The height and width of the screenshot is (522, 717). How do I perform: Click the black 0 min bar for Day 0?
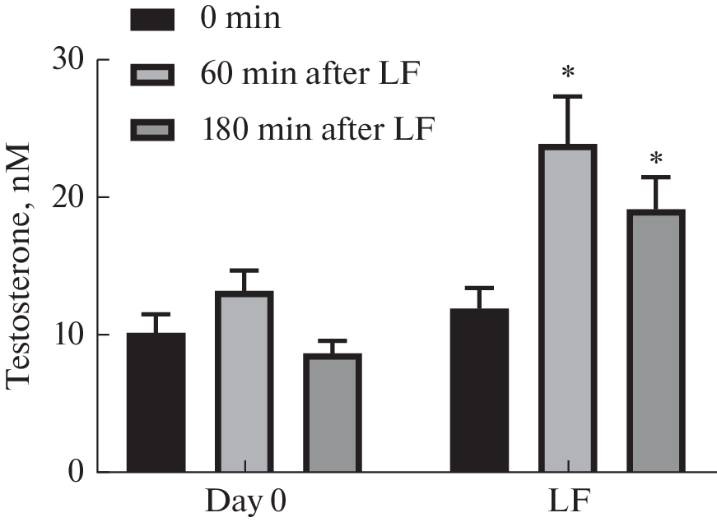(156, 403)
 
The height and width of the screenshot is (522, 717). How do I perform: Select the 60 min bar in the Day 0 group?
(244, 382)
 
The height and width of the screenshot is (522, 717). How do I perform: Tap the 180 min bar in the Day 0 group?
(333, 413)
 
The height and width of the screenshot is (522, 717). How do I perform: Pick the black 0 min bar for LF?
(479, 390)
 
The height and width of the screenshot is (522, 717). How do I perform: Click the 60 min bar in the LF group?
(568, 309)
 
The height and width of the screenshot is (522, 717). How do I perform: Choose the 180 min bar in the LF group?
(656, 341)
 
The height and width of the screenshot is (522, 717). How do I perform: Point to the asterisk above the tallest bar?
(568, 73)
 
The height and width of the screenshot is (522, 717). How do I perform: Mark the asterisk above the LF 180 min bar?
(656, 158)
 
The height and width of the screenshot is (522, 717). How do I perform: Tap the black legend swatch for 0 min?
(153, 19)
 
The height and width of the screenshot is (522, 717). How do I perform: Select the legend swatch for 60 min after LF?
(153, 76)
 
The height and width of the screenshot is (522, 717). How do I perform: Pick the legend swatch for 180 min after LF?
(153, 130)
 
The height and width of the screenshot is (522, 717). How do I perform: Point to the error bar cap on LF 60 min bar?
(568, 96)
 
